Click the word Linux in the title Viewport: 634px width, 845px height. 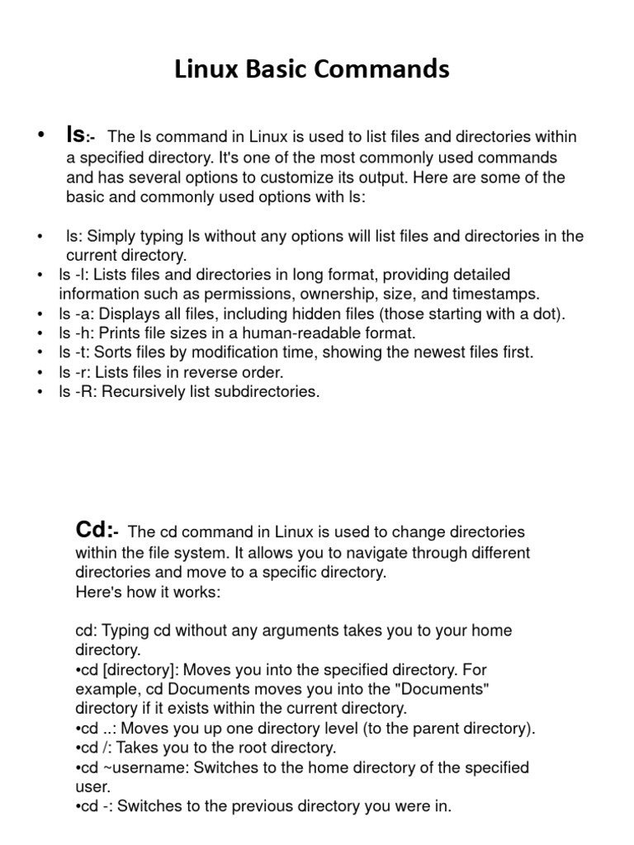(206, 70)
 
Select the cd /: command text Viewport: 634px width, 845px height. (92, 748)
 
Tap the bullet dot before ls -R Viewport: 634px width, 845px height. (41, 393)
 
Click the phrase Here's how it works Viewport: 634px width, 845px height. (148, 591)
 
